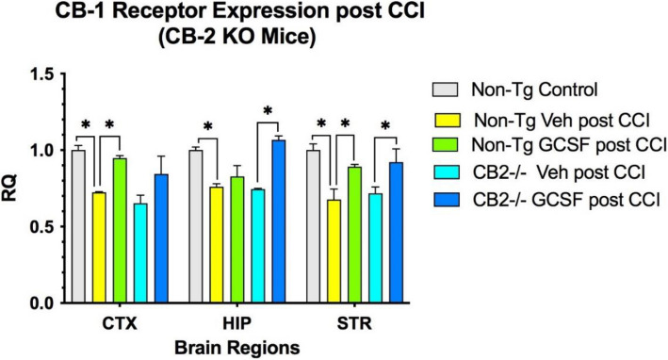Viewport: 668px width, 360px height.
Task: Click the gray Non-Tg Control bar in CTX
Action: (x=78, y=227)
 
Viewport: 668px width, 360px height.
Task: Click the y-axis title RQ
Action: (x=13, y=188)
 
